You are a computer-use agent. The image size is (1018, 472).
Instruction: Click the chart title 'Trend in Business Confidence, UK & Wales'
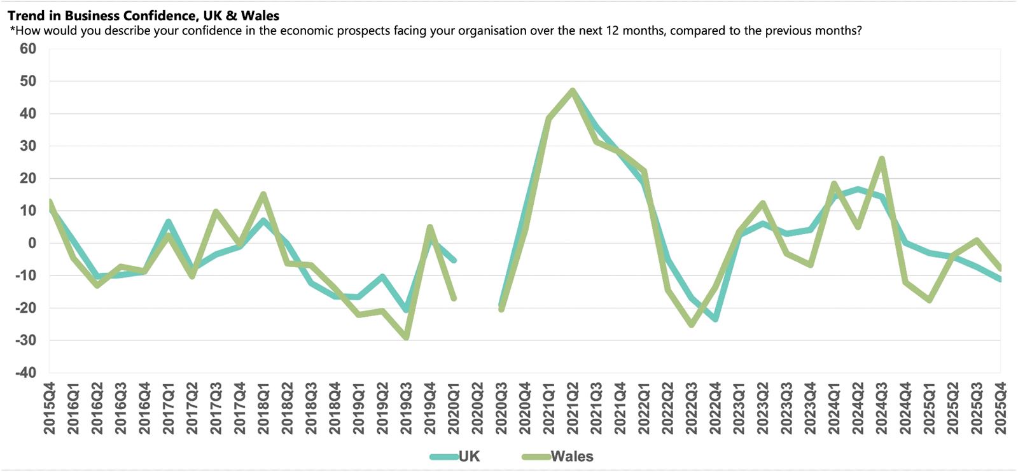143,15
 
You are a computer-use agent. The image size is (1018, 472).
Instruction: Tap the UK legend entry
456,456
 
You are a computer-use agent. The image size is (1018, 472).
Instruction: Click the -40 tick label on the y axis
26,373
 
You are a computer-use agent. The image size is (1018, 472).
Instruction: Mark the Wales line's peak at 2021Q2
573,90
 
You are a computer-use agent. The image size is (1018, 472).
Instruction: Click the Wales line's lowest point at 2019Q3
407,337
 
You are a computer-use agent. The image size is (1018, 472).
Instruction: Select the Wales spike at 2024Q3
881,158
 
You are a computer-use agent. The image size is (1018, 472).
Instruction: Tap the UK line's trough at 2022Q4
715,319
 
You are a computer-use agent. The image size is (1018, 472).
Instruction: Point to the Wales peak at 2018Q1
263,194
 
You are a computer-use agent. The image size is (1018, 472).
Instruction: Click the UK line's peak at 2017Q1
169,221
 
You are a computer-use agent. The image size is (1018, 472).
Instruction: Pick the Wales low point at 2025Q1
929,300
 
